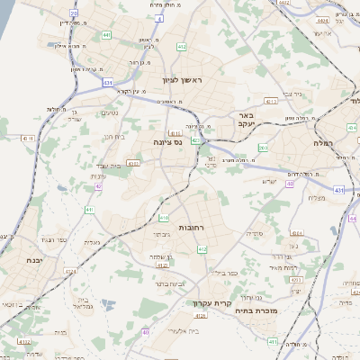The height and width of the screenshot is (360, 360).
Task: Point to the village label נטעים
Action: [108, 112]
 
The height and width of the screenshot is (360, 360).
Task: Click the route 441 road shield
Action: [107, 34]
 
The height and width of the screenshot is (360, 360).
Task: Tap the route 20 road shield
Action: [74, 13]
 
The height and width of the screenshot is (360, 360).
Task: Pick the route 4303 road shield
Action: [133, 164]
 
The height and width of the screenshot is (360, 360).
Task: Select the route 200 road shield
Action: [263, 148]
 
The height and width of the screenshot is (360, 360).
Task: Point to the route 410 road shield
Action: [164, 218]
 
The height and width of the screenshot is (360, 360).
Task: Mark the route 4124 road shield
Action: [163, 265]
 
